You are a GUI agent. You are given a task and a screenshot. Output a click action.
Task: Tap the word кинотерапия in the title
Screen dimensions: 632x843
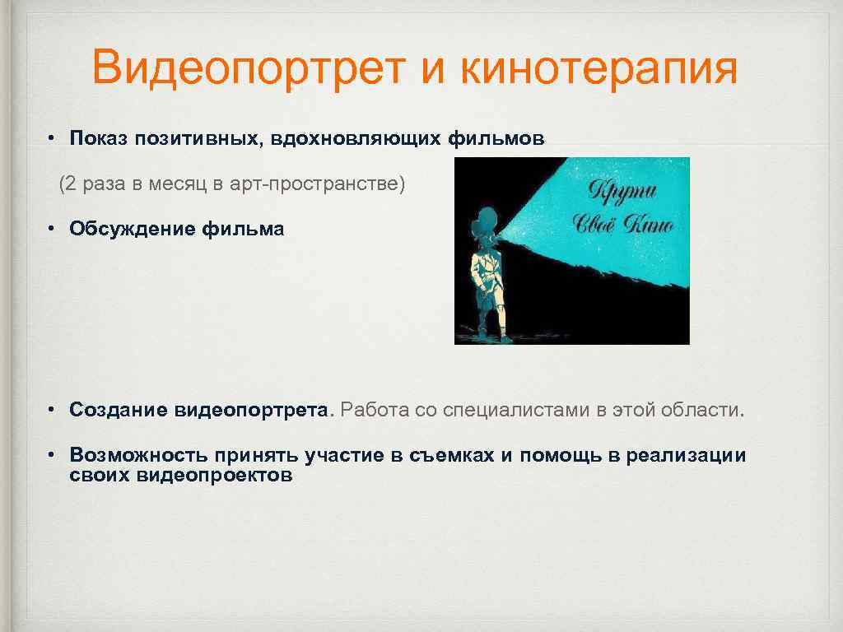point(598,67)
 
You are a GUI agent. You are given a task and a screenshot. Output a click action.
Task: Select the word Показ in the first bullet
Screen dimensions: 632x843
point(99,138)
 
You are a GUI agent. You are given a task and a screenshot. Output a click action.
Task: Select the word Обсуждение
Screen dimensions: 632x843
point(132,229)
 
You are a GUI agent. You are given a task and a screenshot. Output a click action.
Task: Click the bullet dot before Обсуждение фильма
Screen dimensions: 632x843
point(51,229)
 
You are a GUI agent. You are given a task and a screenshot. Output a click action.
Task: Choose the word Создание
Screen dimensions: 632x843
point(119,409)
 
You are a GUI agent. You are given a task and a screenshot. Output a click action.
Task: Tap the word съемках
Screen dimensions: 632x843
point(451,455)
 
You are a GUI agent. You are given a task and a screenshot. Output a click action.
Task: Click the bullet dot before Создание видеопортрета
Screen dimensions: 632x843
point(51,409)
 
